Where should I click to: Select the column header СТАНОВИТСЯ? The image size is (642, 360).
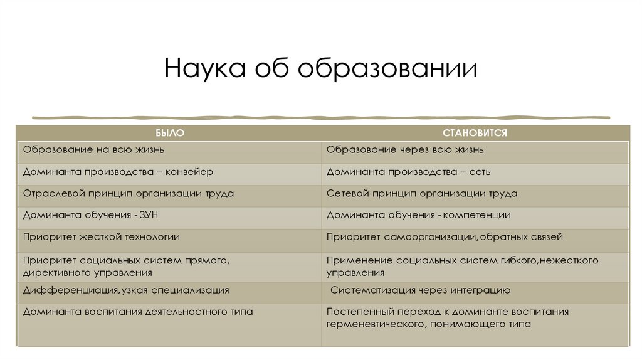click(474, 134)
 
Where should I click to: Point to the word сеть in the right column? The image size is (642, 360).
click(480, 172)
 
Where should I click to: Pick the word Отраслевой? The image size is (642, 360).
click(50, 194)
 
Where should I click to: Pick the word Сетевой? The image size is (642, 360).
click(348, 194)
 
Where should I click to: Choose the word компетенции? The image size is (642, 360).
click(477, 215)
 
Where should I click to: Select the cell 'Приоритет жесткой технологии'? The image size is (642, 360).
click(101, 237)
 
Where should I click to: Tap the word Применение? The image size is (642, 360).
click(355, 260)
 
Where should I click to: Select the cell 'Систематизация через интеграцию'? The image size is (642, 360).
click(420, 290)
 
